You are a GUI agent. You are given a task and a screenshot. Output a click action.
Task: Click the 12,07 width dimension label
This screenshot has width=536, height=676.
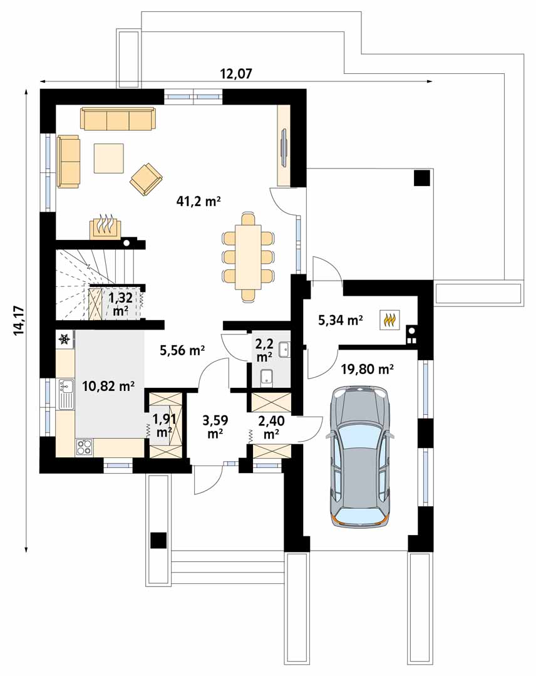tap(235, 73)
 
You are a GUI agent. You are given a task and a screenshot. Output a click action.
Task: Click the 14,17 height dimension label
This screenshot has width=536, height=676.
tap(19, 320)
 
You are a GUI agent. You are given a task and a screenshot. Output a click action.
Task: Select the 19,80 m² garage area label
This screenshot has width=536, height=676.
tap(367, 369)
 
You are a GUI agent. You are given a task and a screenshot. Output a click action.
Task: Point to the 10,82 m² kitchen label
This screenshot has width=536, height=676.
tap(109, 387)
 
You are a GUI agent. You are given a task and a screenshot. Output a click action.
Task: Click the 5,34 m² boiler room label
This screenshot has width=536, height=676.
tap(341, 320)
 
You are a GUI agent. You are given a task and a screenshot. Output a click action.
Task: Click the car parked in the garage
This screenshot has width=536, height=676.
tap(359, 455)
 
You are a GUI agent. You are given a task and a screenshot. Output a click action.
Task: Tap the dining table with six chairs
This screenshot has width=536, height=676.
tap(248, 257)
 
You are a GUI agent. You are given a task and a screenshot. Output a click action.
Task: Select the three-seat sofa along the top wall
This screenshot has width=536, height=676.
tap(118, 118)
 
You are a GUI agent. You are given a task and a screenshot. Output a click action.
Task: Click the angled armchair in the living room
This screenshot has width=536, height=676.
tap(146, 177)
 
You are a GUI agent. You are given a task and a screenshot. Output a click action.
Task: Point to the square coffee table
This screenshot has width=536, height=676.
tap(109, 158)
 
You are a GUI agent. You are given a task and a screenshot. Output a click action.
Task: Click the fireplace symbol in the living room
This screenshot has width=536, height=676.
tap(105, 227)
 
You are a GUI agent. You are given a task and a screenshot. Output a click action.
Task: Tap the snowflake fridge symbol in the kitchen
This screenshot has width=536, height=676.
tap(64, 340)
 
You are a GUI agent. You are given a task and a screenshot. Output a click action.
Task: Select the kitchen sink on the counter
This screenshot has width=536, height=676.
tap(65, 394)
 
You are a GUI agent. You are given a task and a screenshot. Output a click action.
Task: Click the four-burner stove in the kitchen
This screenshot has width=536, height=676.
tap(84, 447)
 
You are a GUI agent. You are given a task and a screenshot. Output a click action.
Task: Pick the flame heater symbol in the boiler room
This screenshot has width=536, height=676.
tap(389, 320)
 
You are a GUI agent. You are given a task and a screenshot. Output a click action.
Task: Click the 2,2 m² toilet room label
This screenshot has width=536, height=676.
tap(264, 350)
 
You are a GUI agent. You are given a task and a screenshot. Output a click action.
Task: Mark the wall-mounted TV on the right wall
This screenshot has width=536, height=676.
tap(284, 148)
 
